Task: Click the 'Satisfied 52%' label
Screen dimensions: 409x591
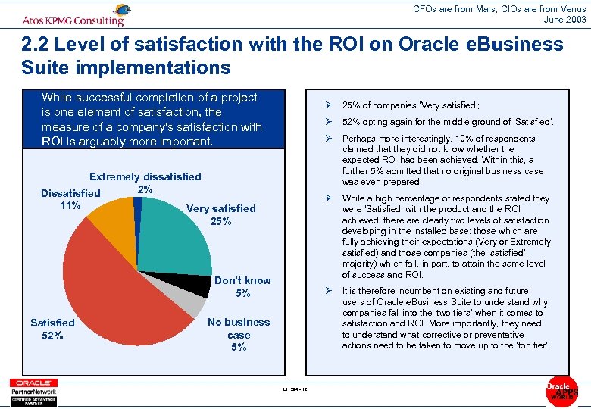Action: click(x=52, y=329)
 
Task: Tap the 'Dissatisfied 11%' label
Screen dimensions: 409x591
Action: click(x=70, y=199)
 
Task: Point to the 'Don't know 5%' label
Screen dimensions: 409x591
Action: click(x=242, y=287)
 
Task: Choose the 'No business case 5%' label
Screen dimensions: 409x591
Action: click(x=238, y=335)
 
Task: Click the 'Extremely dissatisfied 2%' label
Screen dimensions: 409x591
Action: click(x=145, y=183)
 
